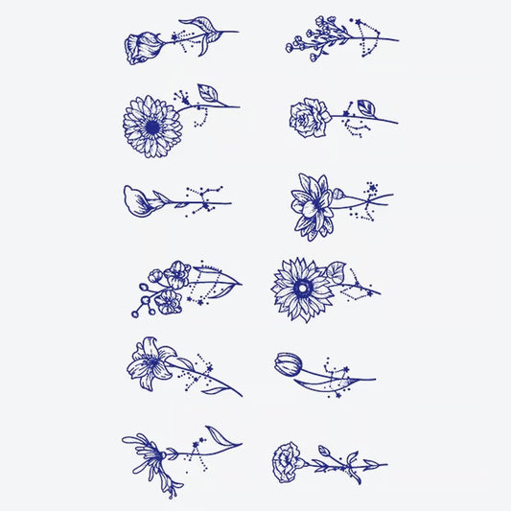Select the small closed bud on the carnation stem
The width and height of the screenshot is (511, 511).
click(323, 452)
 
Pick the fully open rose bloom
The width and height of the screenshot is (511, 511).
click(310, 117)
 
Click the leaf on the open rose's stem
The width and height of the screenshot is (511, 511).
click(365, 106)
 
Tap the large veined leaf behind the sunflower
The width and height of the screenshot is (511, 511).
click(335, 272)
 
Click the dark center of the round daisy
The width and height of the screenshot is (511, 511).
click(151, 126)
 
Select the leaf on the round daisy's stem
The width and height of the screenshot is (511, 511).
click(208, 93)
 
